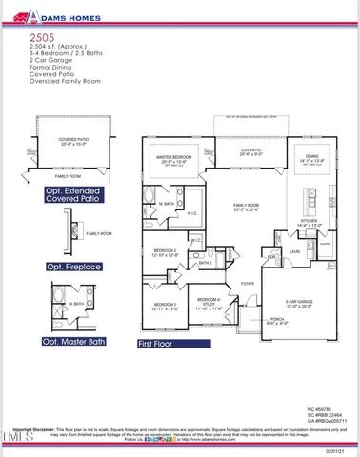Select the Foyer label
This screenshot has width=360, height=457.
pyautogui.click(x=247, y=285)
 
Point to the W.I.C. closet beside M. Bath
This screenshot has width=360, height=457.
pyautogui.click(x=191, y=213)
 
